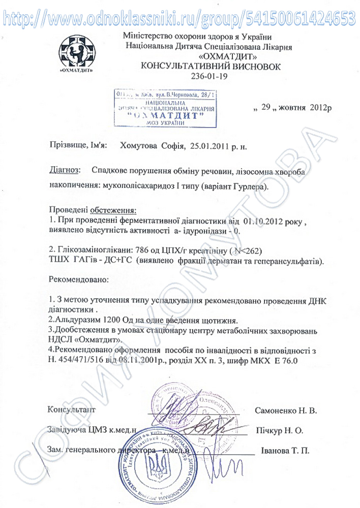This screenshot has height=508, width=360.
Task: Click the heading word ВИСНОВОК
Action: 252,67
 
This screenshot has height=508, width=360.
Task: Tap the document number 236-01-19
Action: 210,76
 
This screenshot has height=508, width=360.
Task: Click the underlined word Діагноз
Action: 65,169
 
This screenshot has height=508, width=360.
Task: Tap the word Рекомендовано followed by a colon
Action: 79,279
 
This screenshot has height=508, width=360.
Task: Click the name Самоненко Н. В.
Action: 284,410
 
